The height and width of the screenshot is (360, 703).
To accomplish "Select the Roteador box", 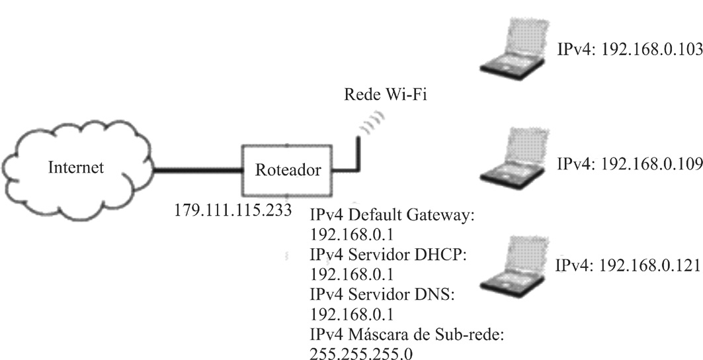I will [x=288, y=170].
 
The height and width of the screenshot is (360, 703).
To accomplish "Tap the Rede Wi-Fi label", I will [x=386, y=94].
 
